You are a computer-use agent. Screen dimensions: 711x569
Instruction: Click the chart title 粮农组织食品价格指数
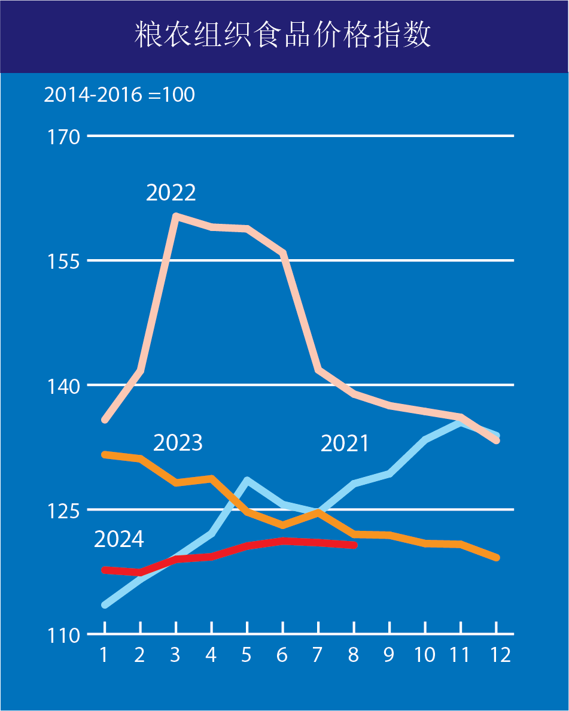pyautogui.click(x=283, y=35)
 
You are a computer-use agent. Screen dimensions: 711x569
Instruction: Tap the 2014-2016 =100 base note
pyautogui.click(x=119, y=95)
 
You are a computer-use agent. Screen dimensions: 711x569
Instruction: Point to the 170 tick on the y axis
pyautogui.click(x=63, y=137)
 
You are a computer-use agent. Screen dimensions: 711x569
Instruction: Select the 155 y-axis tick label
pyautogui.click(x=63, y=261)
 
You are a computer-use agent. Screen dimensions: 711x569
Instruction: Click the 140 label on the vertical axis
pyautogui.click(x=63, y=385)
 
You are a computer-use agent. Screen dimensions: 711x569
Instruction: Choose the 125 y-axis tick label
pyautogui.click(x=63, y=510)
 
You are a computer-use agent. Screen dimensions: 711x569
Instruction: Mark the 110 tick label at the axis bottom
pyautogui.click(x=63, y=635)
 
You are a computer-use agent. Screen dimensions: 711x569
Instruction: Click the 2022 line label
pyautogui.click(x=171, y=193)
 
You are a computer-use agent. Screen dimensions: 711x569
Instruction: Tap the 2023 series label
pyautogui.click(x=178, y=443)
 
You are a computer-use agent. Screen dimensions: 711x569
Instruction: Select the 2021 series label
pyautogui.click(x=345, y=443)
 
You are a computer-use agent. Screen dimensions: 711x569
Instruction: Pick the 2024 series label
pyautogui.click(x=119, y=539)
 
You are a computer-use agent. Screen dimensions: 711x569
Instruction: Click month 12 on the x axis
pyautogui.click(x=497, y=655)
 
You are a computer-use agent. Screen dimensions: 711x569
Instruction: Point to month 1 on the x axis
pyautogui.click(x=104, y=655)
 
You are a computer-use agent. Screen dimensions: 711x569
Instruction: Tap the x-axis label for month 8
pyautogui.click(x=354, y=655)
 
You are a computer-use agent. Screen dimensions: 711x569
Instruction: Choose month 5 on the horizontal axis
pyautogui.click(x=247, y=655)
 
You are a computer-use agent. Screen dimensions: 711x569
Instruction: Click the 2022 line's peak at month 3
pyautogui.click(x=176, y=215)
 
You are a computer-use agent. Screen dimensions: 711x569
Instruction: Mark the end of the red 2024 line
pyautogui.click(x=354, y=545)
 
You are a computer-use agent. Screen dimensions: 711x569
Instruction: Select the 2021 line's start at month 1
pyautogui.click(x=105, y=604)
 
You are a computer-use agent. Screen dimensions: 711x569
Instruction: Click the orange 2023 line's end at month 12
pyautogui.click(x=497, y=558)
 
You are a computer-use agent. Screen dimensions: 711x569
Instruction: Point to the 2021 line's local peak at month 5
pyautogui.click(x=247, y=480)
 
